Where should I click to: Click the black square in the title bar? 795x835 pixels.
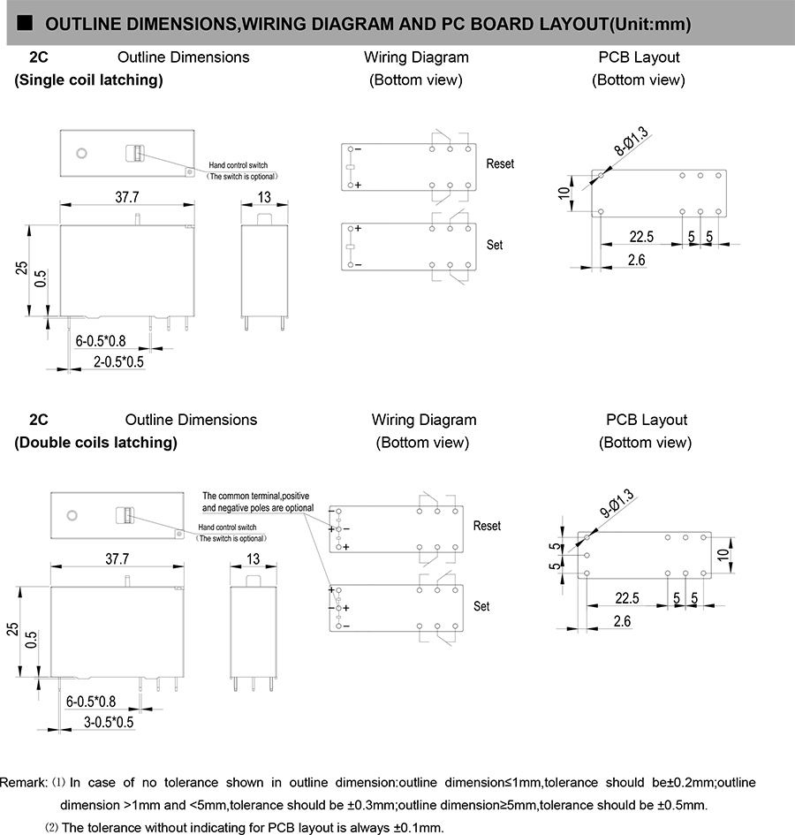point(25,23)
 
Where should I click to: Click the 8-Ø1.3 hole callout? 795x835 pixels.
point(632,142)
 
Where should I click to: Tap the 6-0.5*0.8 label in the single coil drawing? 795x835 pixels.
point(101,340)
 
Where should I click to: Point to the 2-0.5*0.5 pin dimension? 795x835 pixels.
point(118,361)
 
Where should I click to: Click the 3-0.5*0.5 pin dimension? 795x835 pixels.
point(108,722)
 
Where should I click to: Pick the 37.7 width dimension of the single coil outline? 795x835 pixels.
point(127,196)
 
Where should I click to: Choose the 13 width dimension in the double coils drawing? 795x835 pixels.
point(254,558)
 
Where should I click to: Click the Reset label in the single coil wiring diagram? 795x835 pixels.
point(500,164)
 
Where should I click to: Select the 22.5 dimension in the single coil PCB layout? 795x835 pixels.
point(641,237)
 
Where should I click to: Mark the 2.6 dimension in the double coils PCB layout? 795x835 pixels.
point(622,621)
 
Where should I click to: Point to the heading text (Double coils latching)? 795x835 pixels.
point(95,443)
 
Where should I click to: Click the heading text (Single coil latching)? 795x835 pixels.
point(88,80)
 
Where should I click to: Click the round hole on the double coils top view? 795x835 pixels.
point(72,514)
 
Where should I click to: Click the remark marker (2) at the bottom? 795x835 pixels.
point(52,828)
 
